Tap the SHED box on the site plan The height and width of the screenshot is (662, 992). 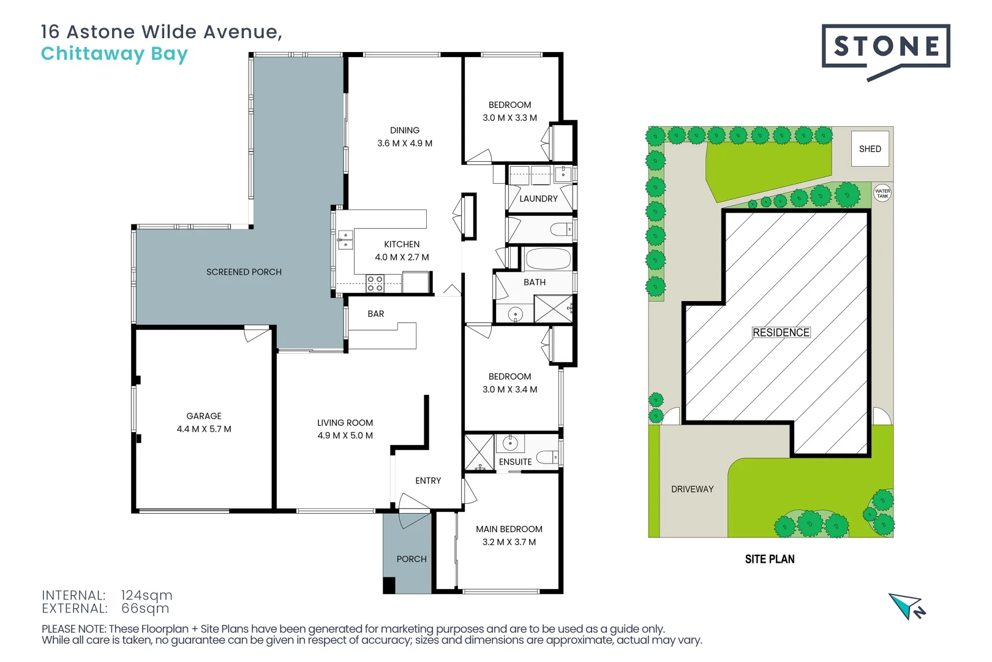click(870, 149)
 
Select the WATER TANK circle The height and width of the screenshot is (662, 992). click(882, 194)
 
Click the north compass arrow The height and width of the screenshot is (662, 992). click(906, 606)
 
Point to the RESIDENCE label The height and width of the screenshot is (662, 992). click(781, 332)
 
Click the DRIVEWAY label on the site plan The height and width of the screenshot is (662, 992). click(692, 489)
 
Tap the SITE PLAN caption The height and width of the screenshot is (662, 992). click(769, 559)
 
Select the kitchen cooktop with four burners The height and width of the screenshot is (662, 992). click(375, 283)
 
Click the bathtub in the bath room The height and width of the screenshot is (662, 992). click(548, 259)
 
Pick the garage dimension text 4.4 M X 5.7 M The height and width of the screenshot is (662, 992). click(204, 429)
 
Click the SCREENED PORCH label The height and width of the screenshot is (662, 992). click(244, 272)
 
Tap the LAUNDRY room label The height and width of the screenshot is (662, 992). click(538, 199)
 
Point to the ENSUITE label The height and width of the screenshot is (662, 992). click(515, 462)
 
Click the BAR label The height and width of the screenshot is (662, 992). click(375, 314)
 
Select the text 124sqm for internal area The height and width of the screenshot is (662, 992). click(146, 595)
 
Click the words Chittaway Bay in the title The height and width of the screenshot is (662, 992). click(114, 54)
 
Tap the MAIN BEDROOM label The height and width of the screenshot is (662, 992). click(509, 529)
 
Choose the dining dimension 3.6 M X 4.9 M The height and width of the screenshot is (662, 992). click(404, 143)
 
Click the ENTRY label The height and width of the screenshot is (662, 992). click(427, 481)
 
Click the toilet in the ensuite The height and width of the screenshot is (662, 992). click(546, 457)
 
